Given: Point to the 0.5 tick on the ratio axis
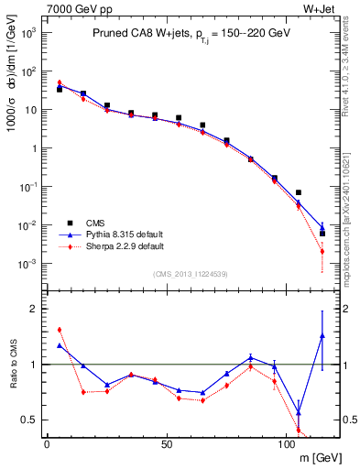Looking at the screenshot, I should pos(30,420).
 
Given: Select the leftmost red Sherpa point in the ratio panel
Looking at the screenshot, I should pos(60,330).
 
